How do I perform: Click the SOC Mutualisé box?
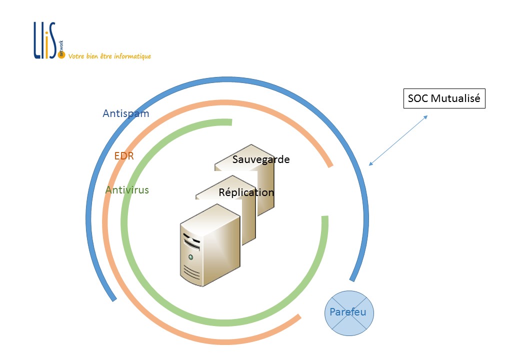444,98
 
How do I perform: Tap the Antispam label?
125,113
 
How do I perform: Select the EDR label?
124,156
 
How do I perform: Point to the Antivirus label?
127,190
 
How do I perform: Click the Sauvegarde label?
261,159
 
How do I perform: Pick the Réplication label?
246,192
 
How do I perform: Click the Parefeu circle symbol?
349,313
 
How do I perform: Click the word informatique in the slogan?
132,56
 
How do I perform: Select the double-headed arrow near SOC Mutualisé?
398,140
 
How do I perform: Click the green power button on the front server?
190,257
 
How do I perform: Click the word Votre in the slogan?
76,56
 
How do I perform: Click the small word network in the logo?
61,47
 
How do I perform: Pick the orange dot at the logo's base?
61,55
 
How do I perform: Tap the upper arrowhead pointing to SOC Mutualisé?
425,117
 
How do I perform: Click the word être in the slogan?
106,56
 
